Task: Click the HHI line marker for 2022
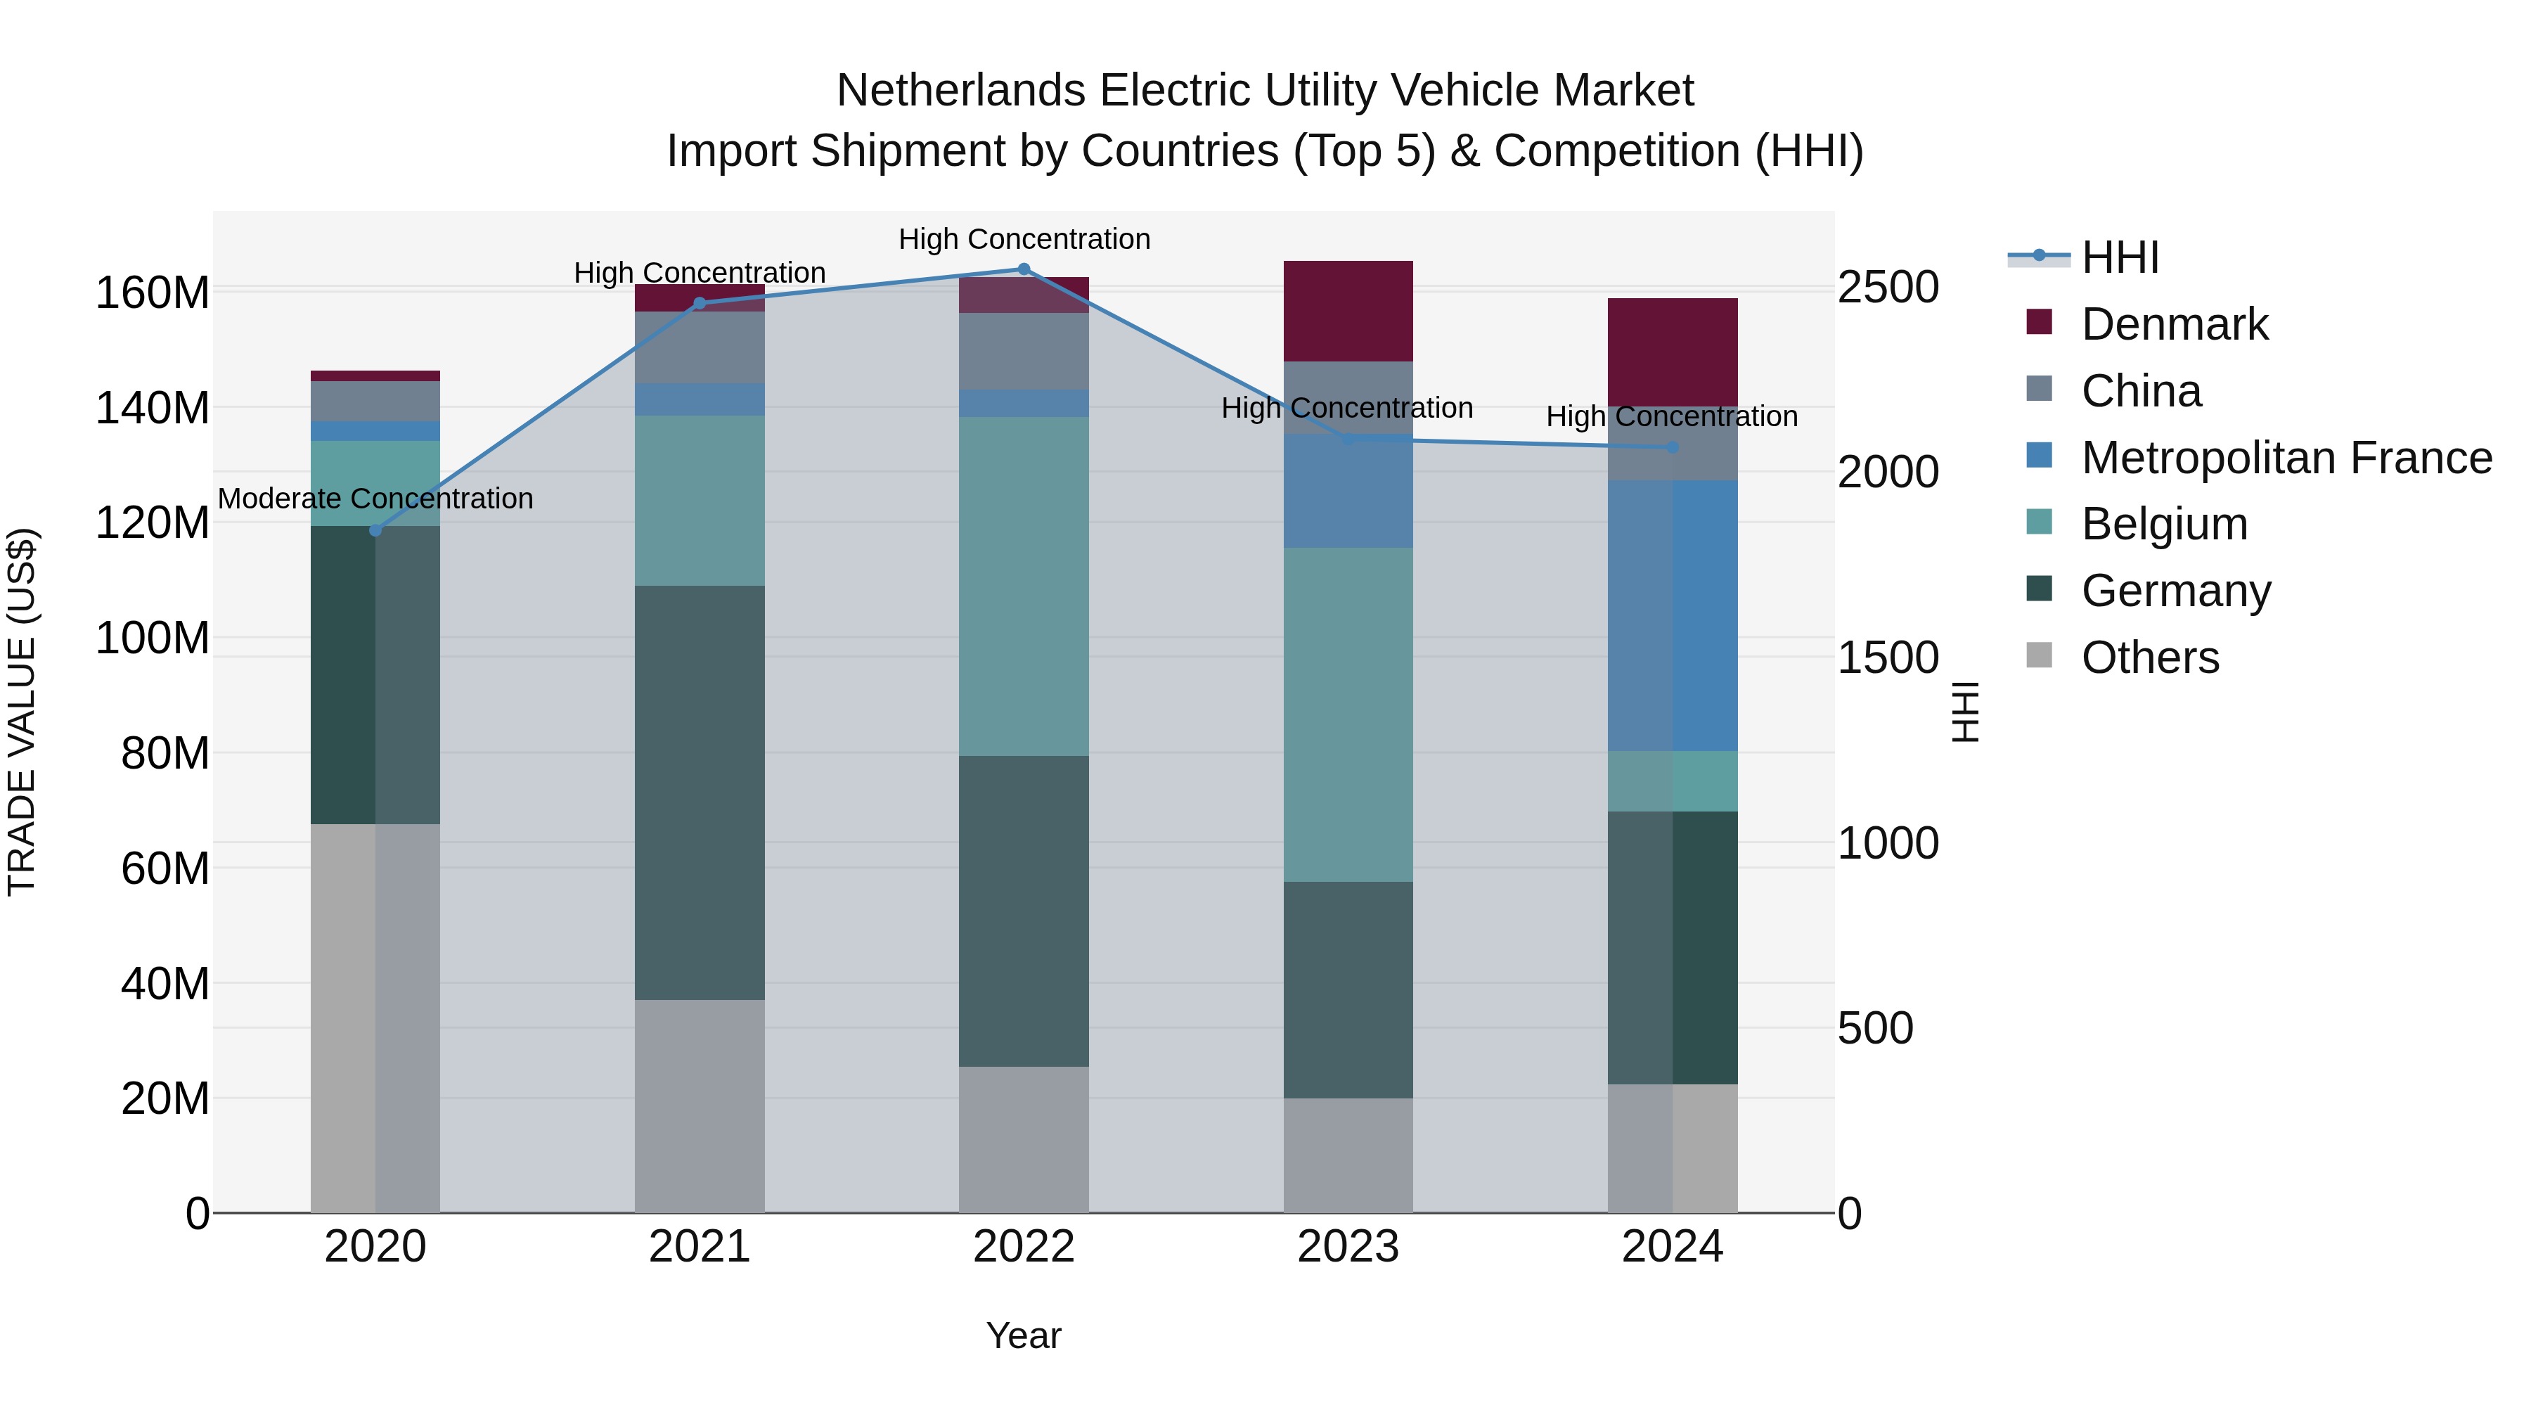[x=1023, y=269]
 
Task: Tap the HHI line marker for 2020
[x=375, y=531]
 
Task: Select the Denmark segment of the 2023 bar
[x=1347, y=311]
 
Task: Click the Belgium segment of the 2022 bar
[x=1023, y=586]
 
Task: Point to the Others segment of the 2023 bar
[x=1347, y=1155]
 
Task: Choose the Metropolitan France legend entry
[x=2286, y=458]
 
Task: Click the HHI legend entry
[x=2119, y=257]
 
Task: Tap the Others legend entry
[x=2150, y=658]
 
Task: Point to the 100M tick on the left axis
[x=153, y=639]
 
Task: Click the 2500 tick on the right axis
[x=1888, y=288]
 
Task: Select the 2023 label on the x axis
[x=1347, y=1247]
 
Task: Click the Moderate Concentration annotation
[x=375, y=499]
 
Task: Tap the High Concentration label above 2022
[x=1024, y=239]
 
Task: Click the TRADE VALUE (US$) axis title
[x=22, y=712]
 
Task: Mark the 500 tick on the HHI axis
[x=1874, y=1029]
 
